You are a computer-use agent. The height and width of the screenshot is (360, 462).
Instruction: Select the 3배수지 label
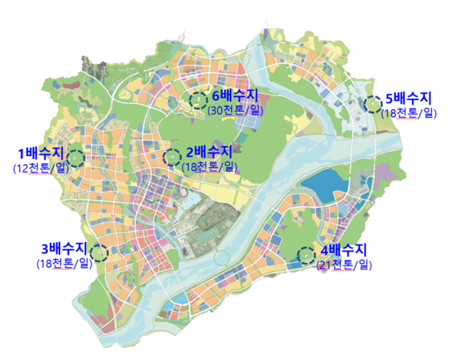(x=65, y=249)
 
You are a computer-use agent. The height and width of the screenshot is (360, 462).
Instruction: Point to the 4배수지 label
(x=344, y=251)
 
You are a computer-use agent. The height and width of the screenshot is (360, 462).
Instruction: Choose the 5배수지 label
(x=409, y=98)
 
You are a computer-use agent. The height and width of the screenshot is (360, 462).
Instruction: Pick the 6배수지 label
(x=235, y=95)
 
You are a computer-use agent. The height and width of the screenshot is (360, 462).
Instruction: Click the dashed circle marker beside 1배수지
(x=75, y=156)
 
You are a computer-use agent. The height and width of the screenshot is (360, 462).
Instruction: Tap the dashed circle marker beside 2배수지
(x=172, y=158)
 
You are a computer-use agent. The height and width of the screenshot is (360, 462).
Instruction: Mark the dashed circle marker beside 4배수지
(x=306, y=254)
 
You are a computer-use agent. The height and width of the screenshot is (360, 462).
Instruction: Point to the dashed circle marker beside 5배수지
(x=373, y=103)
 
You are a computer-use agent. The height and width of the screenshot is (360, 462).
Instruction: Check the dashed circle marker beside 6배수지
(x=199, y=99)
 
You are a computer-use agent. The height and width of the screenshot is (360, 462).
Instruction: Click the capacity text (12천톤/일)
(x=41, y=167)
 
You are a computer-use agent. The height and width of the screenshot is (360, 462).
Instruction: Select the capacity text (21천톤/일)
(x=343, y=265)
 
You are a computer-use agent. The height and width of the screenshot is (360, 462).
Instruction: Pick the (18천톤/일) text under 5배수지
(x=409, y=113)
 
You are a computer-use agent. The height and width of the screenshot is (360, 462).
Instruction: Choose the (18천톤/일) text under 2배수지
(x=209, y=167)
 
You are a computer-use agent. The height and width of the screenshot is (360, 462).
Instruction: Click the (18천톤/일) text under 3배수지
(x=64, y=264)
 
